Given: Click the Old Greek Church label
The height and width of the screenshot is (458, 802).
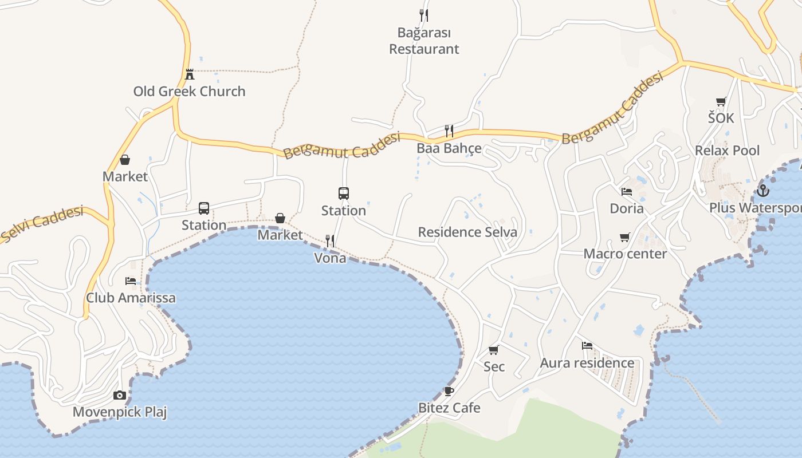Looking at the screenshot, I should point(189,92).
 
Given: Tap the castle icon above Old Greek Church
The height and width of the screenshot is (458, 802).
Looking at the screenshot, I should point(190,74).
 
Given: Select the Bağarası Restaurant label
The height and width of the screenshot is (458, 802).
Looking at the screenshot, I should point(424,41).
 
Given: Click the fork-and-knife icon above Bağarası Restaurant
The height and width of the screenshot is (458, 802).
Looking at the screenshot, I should point(424,15).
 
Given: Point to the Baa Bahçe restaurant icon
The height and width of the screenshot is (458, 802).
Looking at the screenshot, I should point(449,131).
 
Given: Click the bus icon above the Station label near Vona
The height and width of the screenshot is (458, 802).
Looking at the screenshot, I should point(344,194).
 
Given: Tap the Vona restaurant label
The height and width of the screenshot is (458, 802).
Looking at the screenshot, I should point(331,258).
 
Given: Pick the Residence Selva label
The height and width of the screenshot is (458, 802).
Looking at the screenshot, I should point(467,232).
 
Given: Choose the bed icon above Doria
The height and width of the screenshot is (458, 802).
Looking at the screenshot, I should point(627,191).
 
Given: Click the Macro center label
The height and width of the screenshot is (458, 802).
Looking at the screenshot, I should point(625,254).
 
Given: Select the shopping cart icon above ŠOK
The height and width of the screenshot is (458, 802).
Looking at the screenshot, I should point(721,101).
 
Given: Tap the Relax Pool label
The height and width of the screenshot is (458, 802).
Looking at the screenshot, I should point(727,151).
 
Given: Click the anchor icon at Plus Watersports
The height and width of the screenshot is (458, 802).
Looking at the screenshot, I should point(762,191).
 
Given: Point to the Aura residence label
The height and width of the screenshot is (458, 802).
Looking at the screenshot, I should point(587,363).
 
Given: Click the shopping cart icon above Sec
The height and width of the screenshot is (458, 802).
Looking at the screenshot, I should point(494,350).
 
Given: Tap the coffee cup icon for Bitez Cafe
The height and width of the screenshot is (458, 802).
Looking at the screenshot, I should point(449,391).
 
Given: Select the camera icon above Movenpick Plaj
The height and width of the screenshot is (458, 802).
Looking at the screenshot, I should point(120,395).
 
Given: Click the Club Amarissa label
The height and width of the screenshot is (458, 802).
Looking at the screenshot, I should point(131,298).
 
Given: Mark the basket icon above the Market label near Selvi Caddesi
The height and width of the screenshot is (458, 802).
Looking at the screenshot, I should point(125,160).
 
